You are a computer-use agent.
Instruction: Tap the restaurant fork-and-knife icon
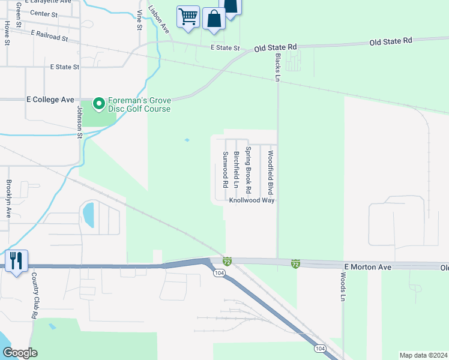click(16, 261)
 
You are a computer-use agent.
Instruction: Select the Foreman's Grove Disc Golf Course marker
click(97, 104)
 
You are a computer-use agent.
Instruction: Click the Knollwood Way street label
click(252, 200)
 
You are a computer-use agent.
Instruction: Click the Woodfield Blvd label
click(271, 172)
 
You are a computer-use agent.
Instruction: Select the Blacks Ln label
click(277, 67)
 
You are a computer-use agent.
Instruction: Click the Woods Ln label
click(343, 287)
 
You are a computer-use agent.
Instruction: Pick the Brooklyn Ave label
click(9, 199)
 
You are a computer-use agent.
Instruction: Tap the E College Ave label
click(50, 100)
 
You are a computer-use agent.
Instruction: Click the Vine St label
click(139, 20)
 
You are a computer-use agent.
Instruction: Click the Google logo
click(20, 353)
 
